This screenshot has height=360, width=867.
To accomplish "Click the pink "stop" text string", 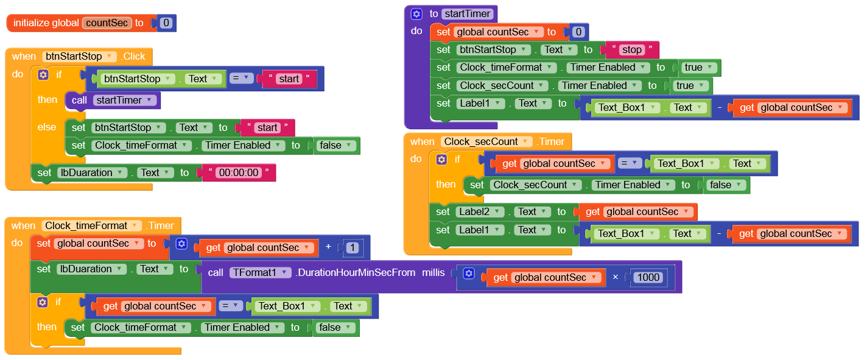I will (x=632, y=50).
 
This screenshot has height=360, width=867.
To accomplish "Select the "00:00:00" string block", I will (x=239, y=173).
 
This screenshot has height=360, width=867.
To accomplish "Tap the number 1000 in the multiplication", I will (x=648, y=278).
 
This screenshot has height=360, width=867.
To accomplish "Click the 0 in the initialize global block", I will (x=166, y=23).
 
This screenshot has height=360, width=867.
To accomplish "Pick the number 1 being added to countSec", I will (x=355, y=248).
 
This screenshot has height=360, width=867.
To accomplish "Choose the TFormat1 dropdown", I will (x=261, y=273).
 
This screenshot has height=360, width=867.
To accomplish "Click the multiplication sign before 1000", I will (x=615, y=278).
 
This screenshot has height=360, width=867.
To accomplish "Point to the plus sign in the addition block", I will (x=328, y=247).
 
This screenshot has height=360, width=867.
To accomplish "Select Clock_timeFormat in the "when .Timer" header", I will (x=91, y=226).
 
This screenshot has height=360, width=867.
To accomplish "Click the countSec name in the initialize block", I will (x=107, y=23).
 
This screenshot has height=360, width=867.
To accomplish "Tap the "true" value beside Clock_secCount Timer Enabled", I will (x=689, y=86).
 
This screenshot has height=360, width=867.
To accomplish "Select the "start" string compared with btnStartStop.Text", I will (x=289, y=79).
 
